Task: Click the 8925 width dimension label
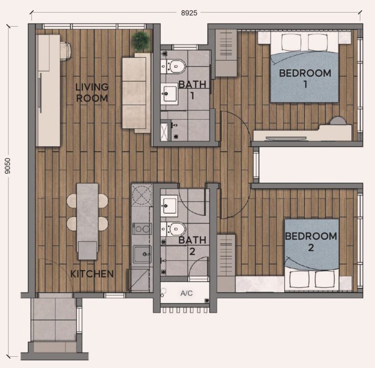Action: coord(189,13)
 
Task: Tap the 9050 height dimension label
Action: coord(8,166)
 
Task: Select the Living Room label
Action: coord(92,93)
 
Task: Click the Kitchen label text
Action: coord(92,274)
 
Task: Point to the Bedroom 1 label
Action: coord(305,79)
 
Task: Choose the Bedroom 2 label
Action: coord(311,242)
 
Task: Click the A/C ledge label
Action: coord(187,293)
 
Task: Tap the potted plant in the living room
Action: coord(141,41)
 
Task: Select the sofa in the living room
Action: coord(136,93)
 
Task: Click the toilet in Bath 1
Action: coord(176,66)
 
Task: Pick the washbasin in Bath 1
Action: coord(169,94)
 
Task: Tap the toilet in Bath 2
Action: coord(176,229)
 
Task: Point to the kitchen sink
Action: coord(142,254)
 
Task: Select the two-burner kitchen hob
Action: coord(142,229)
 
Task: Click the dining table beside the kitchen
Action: coord(87,221)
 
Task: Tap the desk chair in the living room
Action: coord(65,51)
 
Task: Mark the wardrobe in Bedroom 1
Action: coord(226,53)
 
